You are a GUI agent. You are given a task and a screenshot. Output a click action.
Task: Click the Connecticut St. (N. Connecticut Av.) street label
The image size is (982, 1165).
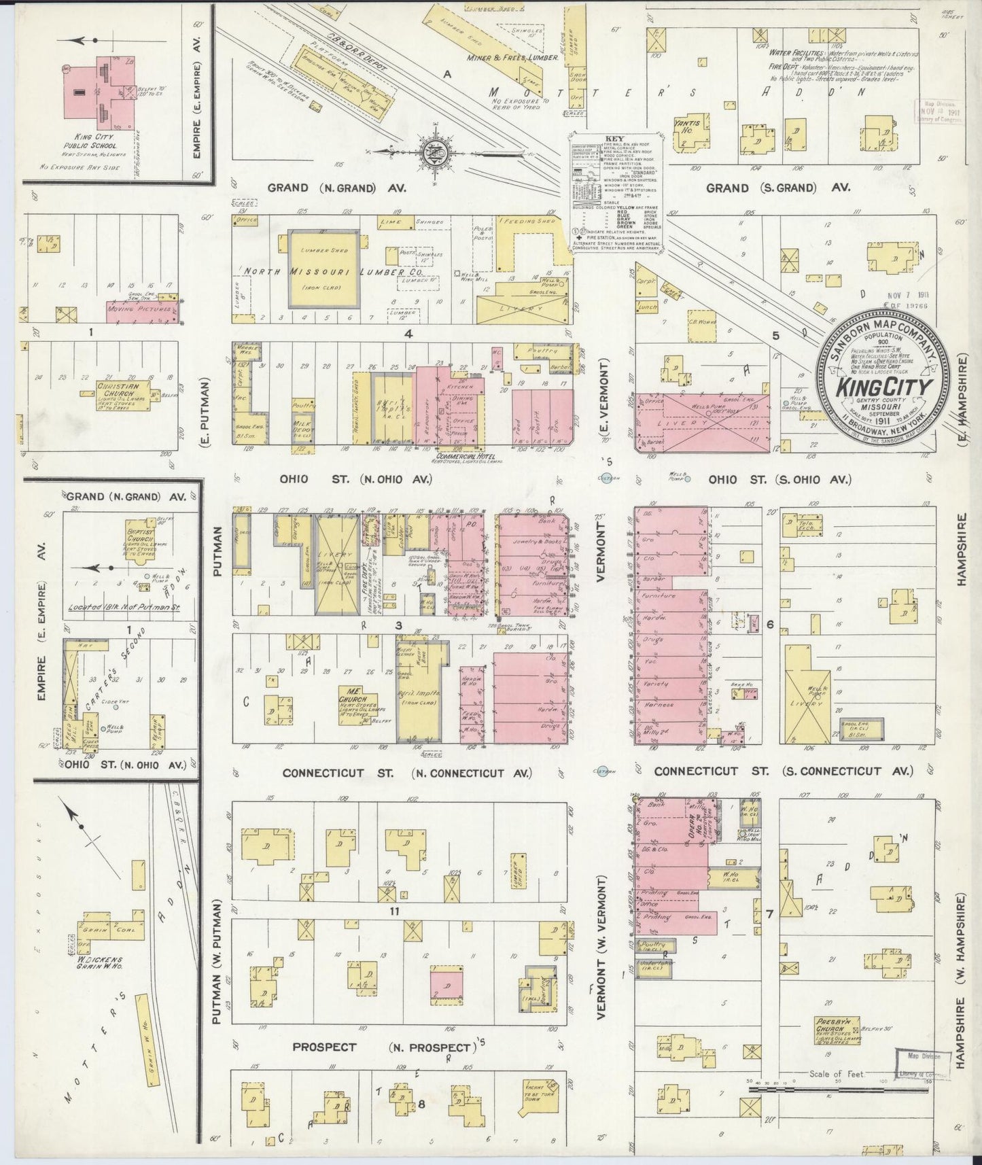pos(406,773)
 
